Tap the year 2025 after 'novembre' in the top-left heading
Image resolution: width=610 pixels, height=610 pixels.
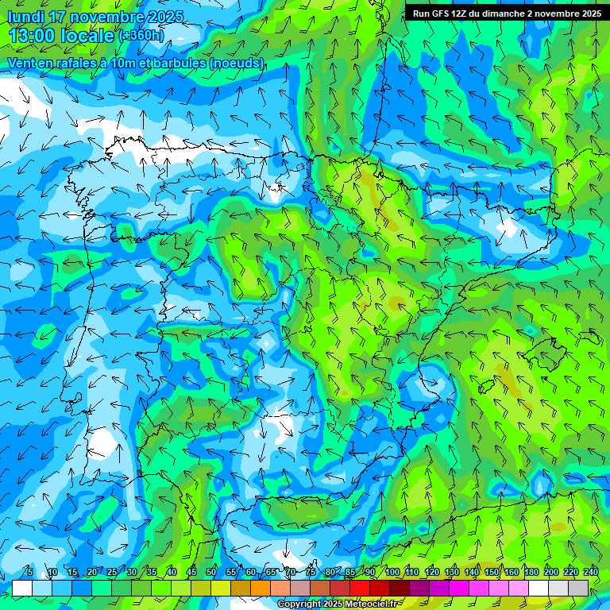tap(165, 17)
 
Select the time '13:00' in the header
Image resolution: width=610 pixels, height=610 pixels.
tap(33, 36)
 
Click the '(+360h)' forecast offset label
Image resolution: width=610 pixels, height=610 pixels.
tap(141, 36)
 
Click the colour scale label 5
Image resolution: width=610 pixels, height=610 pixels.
tap(29, 573)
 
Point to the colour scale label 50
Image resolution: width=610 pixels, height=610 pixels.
tap(211, 573)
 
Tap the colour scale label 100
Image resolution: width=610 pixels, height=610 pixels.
tap(392, 573)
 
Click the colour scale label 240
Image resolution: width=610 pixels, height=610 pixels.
tap(591, 573)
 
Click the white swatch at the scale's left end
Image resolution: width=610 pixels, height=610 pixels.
tap(22, 588)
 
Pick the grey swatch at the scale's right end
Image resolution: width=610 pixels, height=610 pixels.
tap(578, 588)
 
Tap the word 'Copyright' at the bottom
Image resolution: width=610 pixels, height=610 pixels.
tap(299, 604)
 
